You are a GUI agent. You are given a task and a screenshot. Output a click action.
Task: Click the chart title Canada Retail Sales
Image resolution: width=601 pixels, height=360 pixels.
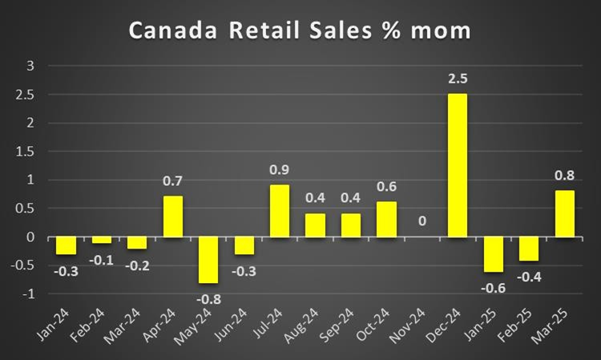click(300, 32)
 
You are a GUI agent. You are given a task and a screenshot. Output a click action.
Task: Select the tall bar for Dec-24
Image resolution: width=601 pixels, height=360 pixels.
click(457, 165)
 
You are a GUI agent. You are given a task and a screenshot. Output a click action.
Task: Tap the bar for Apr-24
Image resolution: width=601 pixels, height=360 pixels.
click(174, 216)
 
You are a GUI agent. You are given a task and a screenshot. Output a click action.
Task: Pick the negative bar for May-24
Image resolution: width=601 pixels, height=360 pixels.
click(208, 260)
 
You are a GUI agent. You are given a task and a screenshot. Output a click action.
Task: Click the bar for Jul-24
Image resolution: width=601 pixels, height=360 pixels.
click(280, 211)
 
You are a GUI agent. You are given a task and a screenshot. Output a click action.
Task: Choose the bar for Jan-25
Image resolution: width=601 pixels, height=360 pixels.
click(492, 254)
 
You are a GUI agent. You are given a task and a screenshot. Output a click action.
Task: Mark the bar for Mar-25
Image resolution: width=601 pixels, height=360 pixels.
click(563, 213)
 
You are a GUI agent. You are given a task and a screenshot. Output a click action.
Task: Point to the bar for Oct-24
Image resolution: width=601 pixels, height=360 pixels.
click(386, 219)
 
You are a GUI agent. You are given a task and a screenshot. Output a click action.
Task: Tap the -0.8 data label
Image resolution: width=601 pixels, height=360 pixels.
click(209, 299)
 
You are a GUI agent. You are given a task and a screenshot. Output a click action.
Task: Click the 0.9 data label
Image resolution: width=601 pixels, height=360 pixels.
click(280, 170)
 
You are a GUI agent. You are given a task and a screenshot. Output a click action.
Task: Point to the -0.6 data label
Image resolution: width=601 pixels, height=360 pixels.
click(492, 287)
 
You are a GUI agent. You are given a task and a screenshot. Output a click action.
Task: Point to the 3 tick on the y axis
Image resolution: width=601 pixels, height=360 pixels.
click(31, 66)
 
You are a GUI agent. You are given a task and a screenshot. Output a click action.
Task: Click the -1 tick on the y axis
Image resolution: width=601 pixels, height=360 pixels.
click(29, 294)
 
